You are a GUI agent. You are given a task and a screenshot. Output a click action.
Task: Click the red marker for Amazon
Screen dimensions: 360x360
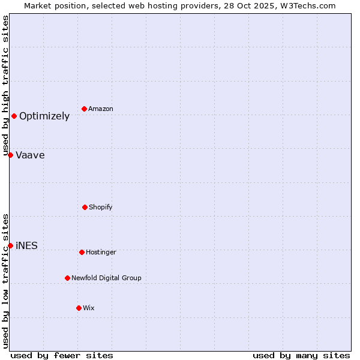point(85,109)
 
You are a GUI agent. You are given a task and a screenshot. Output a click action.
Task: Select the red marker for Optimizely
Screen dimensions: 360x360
point(14,116)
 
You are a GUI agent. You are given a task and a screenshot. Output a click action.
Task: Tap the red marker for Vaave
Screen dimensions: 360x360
point(10,155)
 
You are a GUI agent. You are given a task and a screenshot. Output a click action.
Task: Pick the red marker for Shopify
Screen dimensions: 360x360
point(85,207)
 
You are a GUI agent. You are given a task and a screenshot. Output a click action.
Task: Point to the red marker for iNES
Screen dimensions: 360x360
point(10,245)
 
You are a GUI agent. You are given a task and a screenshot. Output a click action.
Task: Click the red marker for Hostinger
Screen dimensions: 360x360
point(82,252)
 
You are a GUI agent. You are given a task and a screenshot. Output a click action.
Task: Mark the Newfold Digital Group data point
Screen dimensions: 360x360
point(67,278)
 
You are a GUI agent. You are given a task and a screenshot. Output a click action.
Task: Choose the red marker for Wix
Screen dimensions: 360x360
point(79,308)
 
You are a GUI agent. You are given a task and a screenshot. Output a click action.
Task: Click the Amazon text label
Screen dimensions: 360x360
point(101,109)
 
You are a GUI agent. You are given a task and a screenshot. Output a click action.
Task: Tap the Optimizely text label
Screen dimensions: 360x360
point(44,116)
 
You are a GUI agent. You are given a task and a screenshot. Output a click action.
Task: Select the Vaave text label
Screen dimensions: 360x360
point(30,155)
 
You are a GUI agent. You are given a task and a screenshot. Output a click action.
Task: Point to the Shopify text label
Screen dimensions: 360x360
point(101,208)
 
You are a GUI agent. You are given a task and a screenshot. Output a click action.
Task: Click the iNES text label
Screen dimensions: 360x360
point(26,246)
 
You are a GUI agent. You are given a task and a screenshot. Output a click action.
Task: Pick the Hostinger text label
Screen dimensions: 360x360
point(101,253)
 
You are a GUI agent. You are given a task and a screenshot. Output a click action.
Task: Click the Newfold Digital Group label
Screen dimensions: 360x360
point(106,278)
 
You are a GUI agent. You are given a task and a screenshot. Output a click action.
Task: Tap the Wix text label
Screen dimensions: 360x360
point(89,308)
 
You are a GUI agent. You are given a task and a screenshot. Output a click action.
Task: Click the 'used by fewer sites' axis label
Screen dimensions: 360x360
point(62,355)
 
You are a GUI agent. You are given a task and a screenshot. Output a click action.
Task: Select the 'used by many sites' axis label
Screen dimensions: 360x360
point(301,355)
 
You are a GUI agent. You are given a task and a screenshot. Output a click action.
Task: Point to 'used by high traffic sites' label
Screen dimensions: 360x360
point(5,85)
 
